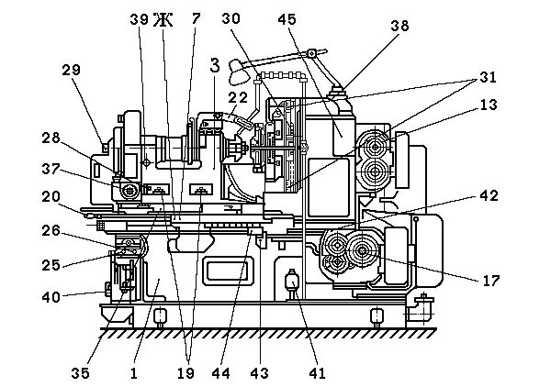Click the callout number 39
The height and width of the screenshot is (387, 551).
[140, 19]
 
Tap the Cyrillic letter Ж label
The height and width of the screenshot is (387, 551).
[163, 19]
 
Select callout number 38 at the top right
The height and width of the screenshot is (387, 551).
[399, 26]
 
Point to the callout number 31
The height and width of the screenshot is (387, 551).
[488, 77]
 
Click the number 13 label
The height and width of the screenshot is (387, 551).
[489, 105]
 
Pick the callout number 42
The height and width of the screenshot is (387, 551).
[489, 195]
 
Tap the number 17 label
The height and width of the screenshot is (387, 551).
[491, 281]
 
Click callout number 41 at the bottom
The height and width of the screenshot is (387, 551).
[317, 373]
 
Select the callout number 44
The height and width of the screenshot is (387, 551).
[220, 373]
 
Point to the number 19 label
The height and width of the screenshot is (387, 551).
[186, 373]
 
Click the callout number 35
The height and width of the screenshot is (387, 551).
[80, 373]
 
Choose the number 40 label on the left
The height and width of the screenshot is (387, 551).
[51, 297]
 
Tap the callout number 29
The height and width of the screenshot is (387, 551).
[71, 70]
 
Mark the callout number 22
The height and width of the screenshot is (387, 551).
[238, 97]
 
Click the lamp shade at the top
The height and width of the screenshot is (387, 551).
[237, 72]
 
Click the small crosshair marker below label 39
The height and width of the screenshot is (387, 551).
[146, 162]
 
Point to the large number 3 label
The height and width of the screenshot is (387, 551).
[215, 66]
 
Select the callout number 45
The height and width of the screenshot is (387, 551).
[287, 19]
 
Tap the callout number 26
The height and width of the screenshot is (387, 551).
[51, 230]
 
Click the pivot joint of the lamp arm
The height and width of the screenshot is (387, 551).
[311, 53]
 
